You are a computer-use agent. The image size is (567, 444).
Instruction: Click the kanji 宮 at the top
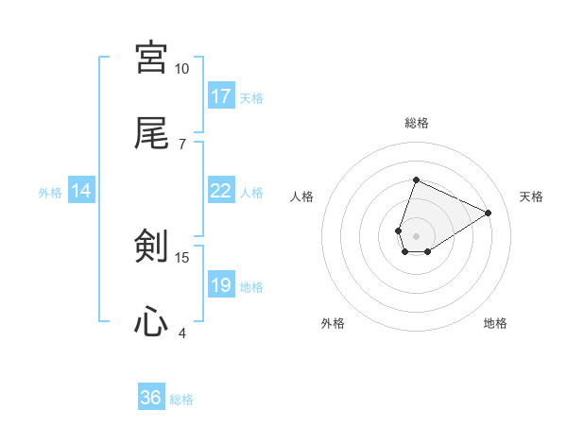[x=151, y=58]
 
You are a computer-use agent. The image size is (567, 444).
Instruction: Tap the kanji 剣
[x=151, y=248]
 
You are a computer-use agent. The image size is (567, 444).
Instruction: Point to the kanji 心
[x=151, y=323]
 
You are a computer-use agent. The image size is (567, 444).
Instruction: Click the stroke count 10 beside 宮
[x=181, y=69]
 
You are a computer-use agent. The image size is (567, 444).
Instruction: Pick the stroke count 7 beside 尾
[x=181, y=144]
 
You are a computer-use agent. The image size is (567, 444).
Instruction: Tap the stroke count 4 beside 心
[x=181, y=333]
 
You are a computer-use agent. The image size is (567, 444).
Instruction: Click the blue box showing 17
[x=221, y=96]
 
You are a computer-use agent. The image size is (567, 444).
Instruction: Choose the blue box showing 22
[x=221, y=191]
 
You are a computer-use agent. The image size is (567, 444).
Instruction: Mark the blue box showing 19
[x=221, y=285]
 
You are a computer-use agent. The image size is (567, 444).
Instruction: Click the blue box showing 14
[x=81, y=191]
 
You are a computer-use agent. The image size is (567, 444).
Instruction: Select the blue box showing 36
[x=151, y=398]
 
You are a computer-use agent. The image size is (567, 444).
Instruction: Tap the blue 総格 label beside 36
[x=181, y=400]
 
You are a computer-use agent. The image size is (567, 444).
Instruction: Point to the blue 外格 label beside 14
[x=50, y=193]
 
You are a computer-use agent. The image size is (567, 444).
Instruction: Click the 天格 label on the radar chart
[x=531, y=196]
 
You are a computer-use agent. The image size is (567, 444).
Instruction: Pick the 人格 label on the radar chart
[x=302, y=196]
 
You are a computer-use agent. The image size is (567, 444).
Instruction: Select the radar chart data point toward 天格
[x=488, y=213]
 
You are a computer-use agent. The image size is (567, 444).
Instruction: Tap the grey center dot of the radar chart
[x=416, y=234]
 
